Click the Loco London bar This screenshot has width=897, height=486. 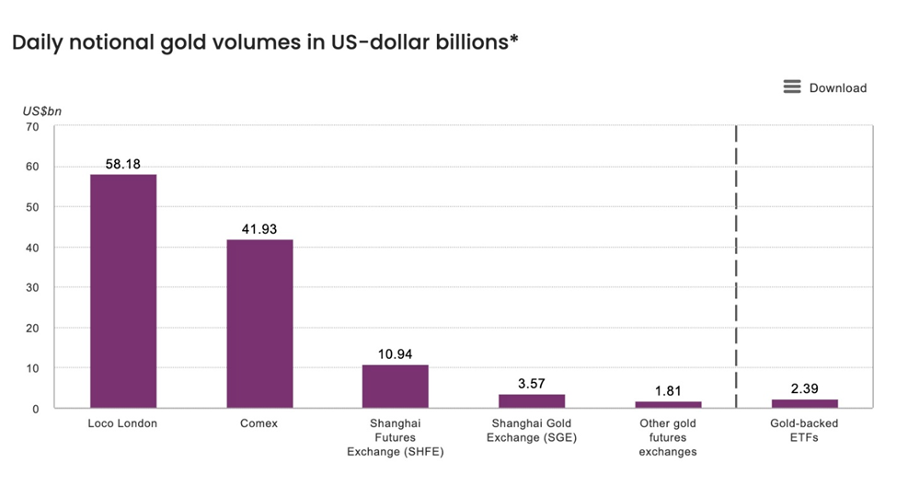(x=123, y=291)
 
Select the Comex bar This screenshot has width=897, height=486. (x=259, y=323)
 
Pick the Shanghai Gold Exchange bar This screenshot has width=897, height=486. (x=532, y=400)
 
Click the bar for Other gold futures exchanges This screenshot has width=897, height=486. (x=668, y=404)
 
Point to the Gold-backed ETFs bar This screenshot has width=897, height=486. (x=804, y=403)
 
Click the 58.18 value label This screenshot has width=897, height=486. (x=123, y=163)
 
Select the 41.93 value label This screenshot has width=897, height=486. (x=259, y=228)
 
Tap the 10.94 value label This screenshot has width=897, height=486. (x=396, y=353)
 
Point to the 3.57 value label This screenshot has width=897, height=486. (x=532, y=383)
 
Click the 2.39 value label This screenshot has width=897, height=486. (x=804, y=388)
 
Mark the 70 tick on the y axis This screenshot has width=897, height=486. (x=32, y=127)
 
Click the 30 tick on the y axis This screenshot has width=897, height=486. (x=32, y=287)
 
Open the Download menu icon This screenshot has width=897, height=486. (x=792, y=87)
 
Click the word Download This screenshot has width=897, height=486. (x=837, y=87)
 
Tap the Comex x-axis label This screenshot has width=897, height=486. (x=259, y=423)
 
